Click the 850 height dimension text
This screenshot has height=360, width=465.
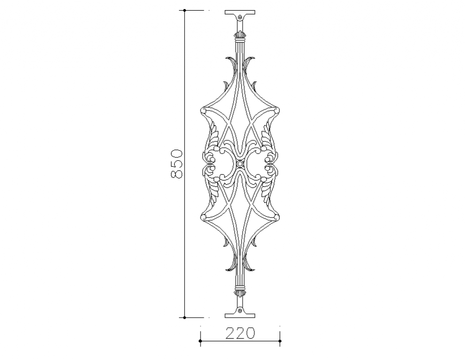tap(176, 164)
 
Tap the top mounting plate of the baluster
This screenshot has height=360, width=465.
tap(240, 12)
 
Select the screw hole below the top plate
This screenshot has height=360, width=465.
tap(240, 18)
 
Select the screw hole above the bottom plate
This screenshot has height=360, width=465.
tap(240, 309)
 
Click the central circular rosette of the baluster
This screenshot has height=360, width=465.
tap(240, 163)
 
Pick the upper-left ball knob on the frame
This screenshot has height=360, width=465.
tap(203, 111)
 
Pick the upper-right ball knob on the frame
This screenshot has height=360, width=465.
tap(277, 111)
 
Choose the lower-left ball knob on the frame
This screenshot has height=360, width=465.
tap(203, 216)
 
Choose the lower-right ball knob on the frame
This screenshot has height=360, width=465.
tap(277, 216)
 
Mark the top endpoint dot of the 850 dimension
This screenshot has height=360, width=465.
tap(184, 10)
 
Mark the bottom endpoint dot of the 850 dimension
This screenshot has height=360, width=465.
tap(184, 317)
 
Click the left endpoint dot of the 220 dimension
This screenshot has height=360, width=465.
tap(200, 339)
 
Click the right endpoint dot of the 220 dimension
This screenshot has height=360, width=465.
tap(280, 339)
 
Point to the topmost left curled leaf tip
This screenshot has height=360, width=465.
tap(229, 58)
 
